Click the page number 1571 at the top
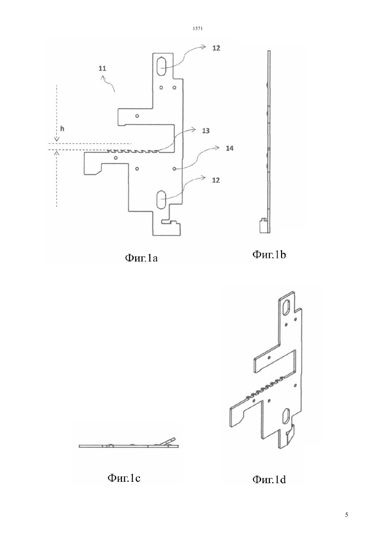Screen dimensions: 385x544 point(198,29)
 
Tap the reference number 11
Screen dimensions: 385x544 point(102,69)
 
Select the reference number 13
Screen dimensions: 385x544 point(206,131)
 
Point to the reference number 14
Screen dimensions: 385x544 point(230,148)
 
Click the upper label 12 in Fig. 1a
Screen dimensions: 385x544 point(216,48)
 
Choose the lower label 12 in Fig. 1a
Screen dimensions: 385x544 point(216,180)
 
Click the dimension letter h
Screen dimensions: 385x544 point(62,129)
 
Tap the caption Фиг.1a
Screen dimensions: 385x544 point(141,258)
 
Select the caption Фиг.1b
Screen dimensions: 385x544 point(269,255)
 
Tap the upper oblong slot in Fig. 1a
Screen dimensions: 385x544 point(161,66)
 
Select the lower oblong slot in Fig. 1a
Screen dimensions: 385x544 point(161,199)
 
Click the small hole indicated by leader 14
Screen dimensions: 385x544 point(174,168)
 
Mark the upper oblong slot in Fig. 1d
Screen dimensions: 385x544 point(287,307)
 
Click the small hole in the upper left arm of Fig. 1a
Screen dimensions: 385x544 point(137,116)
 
